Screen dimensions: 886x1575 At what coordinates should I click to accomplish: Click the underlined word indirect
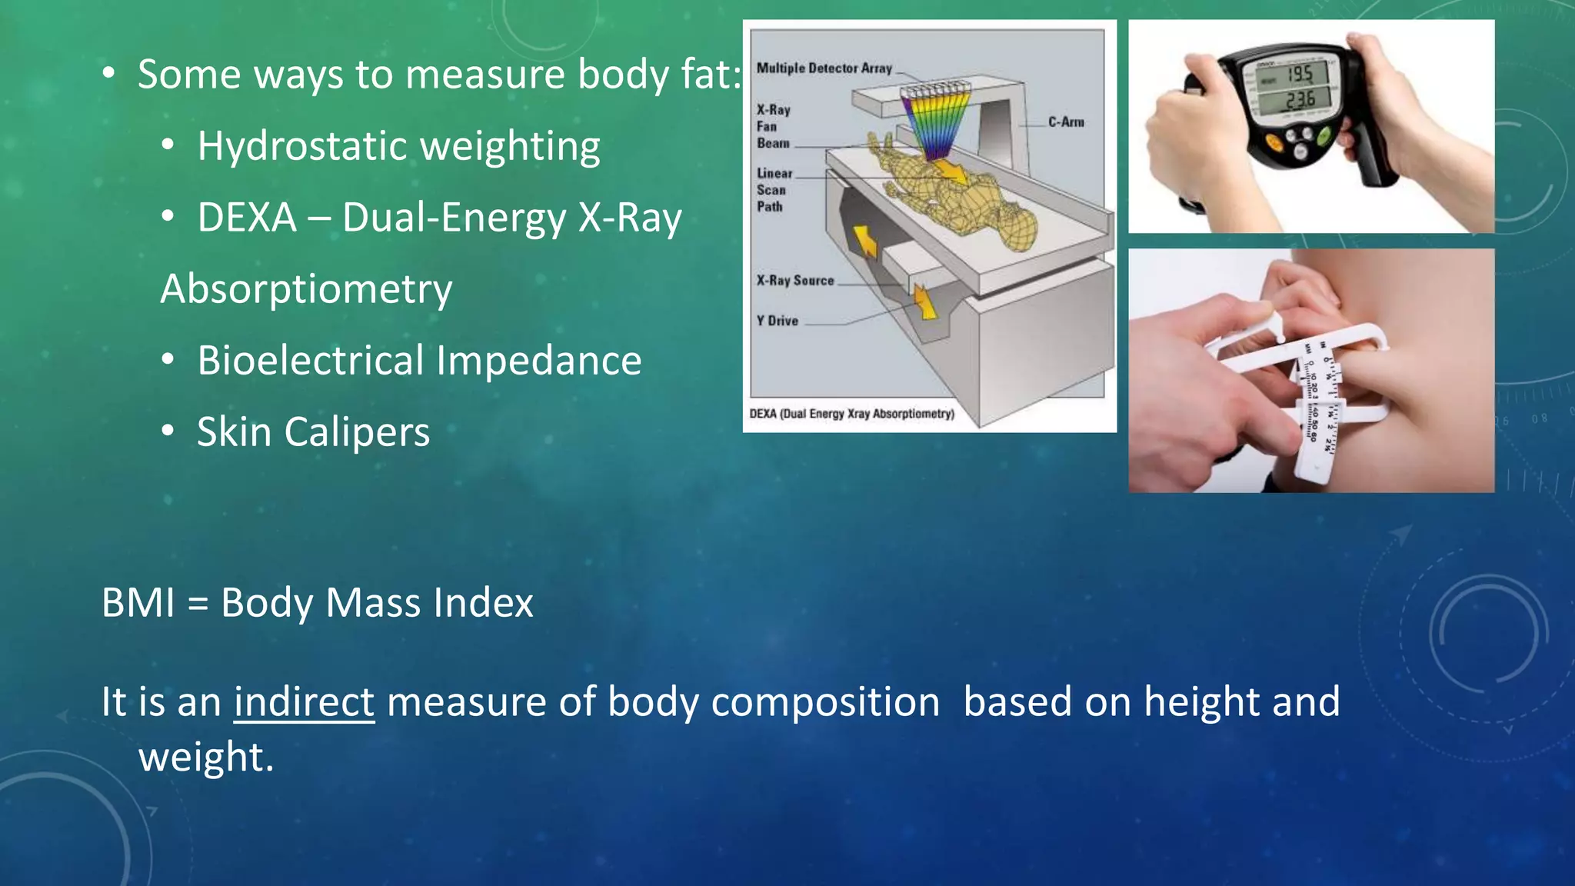304,702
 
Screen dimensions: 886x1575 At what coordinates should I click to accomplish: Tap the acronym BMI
138,602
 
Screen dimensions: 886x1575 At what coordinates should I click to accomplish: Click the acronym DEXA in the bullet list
247,218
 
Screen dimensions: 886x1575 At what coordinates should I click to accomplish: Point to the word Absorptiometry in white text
306,289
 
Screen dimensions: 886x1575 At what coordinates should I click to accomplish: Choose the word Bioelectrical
311,361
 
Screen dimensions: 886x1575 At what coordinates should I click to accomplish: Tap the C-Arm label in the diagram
1066,122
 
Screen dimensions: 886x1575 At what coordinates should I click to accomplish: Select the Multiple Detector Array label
824,68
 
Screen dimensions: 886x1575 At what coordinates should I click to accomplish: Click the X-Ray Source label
795,281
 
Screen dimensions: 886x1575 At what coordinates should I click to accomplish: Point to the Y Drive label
777,321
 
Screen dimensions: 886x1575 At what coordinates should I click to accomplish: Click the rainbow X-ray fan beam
931,123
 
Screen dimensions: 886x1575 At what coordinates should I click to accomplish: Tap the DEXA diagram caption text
851,414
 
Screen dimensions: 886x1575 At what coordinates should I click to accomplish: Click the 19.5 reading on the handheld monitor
1300,75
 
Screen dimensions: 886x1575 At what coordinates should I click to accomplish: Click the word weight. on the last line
206,758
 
